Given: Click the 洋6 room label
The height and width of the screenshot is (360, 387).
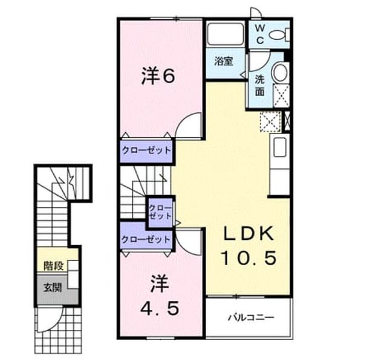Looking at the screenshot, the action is [x=158, y=76].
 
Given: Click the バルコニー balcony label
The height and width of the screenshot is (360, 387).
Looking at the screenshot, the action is [x=251, y=317].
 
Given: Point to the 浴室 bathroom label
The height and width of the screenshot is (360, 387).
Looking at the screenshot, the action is [x=224, y=61].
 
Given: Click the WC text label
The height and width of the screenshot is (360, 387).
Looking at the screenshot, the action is [x=259, y=34].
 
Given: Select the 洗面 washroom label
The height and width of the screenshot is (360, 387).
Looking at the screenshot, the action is [x=259, y=85].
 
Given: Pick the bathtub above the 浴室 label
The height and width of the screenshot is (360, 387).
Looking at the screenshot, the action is [x=226, y=34].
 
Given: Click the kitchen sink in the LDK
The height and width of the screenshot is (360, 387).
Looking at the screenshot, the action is [x=279, y=147].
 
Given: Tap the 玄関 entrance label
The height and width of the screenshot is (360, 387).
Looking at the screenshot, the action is [x=53, y=288].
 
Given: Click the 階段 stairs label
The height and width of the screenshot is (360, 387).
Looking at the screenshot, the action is [x=53, y=266].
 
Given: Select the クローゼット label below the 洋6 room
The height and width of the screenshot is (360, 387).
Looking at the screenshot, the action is [x=146, y=150].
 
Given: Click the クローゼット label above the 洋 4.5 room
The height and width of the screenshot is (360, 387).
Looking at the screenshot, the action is [x=146, y=239].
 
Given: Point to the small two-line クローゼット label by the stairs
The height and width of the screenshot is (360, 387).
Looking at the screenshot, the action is [x=160, y=212].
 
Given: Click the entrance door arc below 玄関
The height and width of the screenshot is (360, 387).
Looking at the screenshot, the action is [x=56, y=325].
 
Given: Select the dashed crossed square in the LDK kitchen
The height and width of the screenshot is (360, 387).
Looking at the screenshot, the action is [x=271, y=122].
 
